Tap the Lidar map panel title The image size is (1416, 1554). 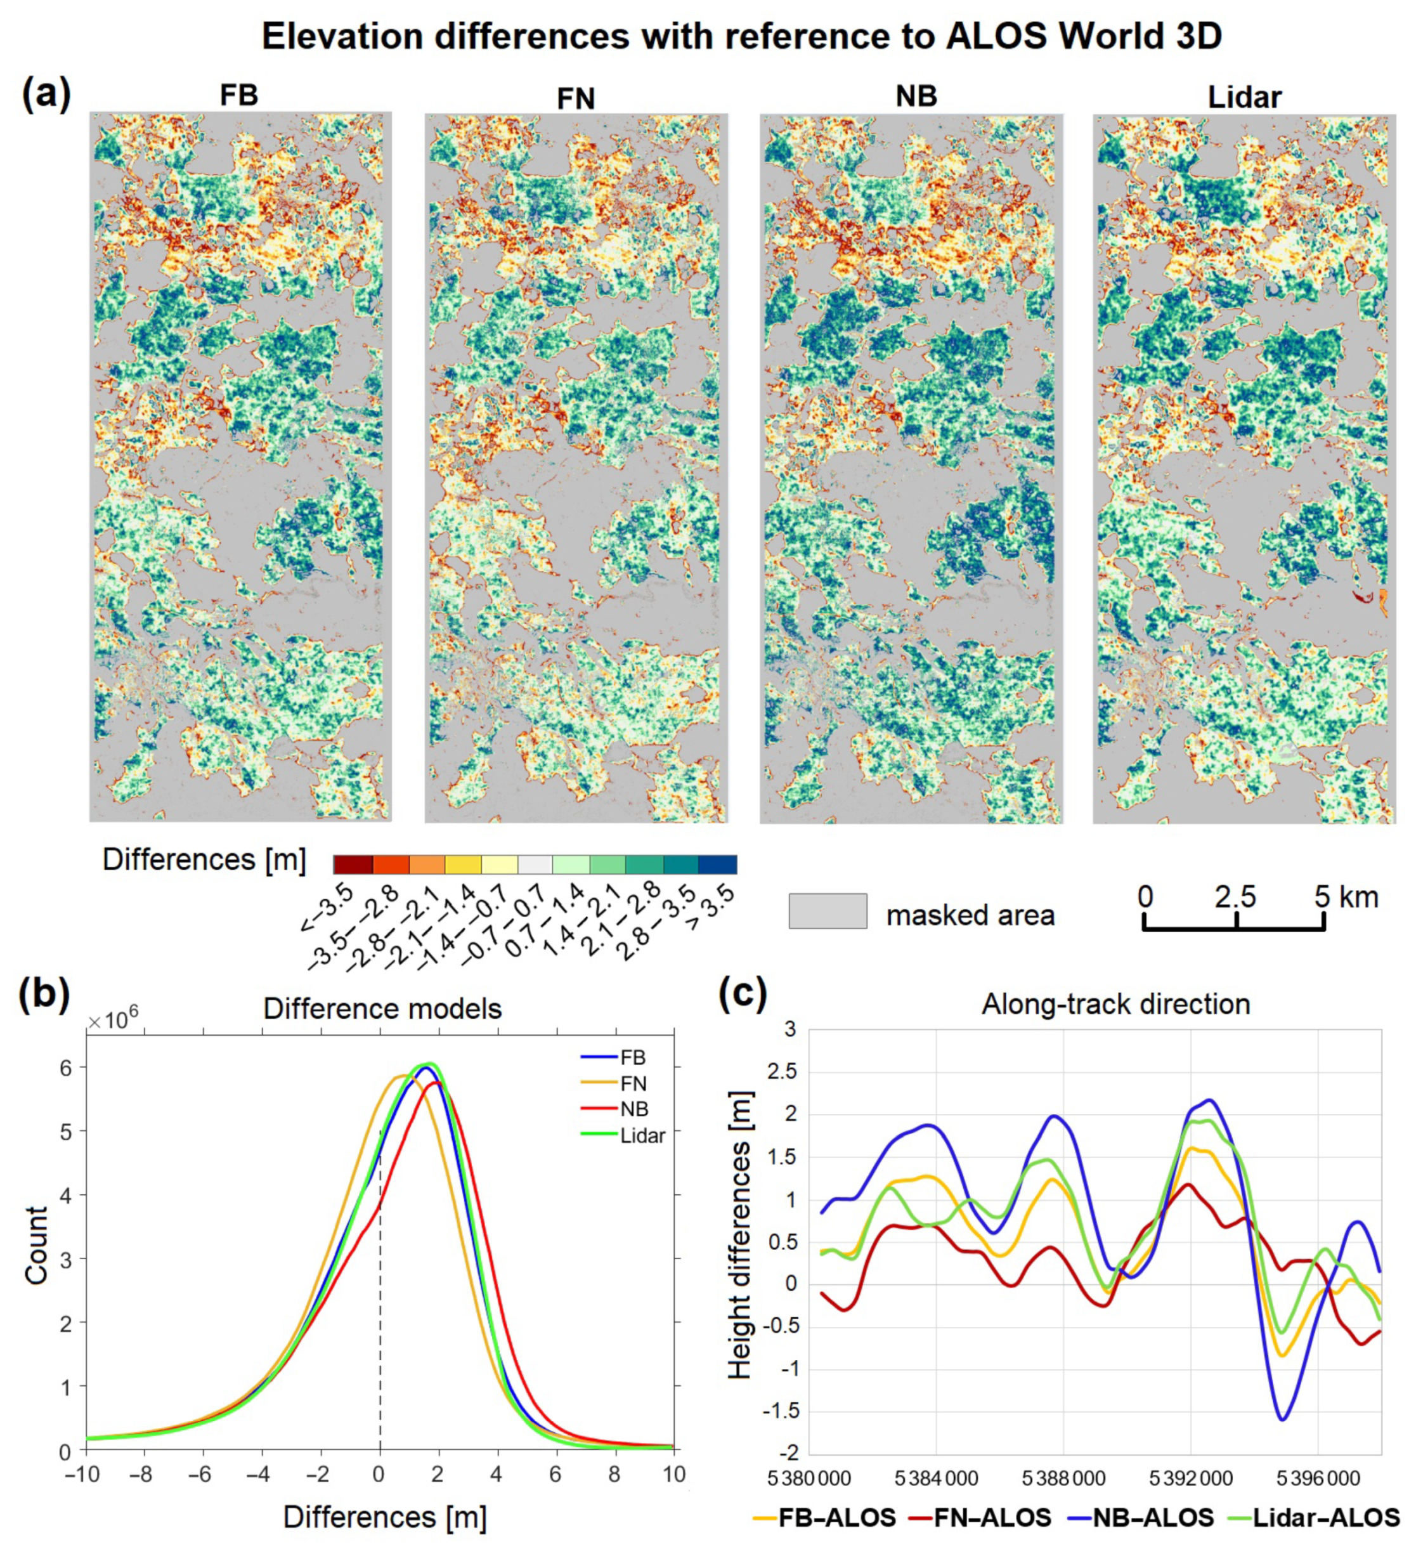tap(1244, 97)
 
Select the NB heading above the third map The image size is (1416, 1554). tap(916, 96)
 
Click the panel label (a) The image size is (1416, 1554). tap(46, 95)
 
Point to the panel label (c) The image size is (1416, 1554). tap(743, 995)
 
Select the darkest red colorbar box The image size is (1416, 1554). tap(353, 864)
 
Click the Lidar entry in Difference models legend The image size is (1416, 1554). tap(641, 1135)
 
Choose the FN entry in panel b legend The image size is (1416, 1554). tap(633, 1084)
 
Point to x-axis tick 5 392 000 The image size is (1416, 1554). tap(1191, 1479)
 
